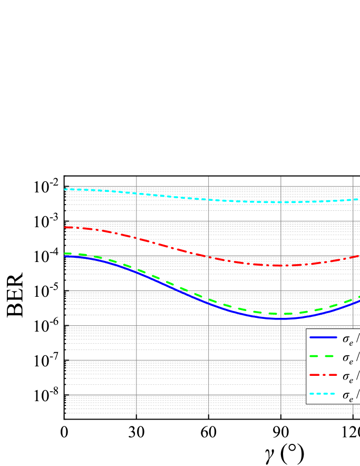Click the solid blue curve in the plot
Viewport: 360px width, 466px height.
174,288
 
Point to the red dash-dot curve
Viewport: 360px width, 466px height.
174,248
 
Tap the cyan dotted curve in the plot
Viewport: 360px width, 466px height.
174,197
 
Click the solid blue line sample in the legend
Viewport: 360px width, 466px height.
323,337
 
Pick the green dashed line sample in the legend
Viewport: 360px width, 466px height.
323,356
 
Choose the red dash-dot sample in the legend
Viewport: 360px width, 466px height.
323,375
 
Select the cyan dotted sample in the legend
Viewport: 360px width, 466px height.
323,394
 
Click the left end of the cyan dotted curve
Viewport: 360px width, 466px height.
65,189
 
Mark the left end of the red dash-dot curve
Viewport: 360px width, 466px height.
65,227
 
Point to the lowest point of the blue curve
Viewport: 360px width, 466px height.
279,319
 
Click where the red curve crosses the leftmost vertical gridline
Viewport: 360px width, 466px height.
137,238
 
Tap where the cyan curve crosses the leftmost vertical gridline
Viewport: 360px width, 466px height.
137,193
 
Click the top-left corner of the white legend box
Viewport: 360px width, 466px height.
306,329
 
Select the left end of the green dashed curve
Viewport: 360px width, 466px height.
65,254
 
